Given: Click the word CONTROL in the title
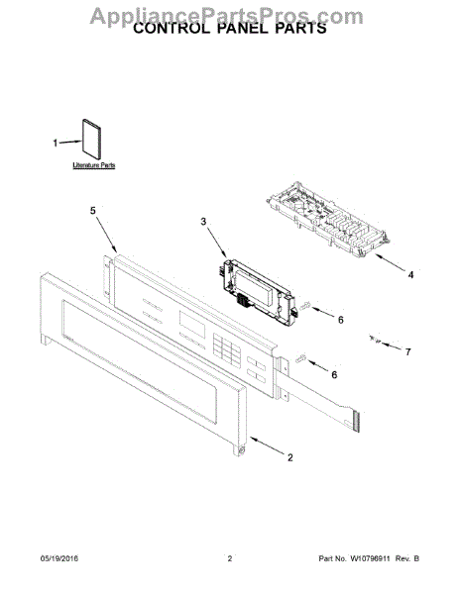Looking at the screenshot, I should point(167,30).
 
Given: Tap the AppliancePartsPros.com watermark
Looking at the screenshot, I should point(230,13).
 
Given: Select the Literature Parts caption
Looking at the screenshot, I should point(93,165).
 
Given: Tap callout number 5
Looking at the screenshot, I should point(93,211).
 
